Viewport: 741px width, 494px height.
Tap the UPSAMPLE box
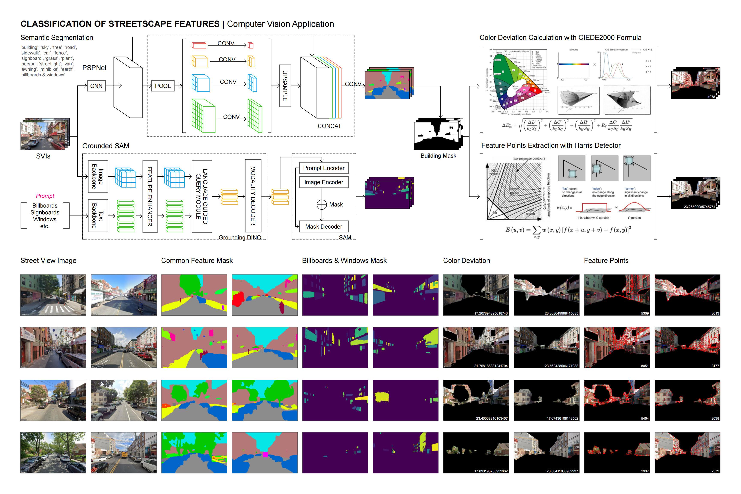(285, 86)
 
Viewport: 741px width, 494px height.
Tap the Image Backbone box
(98, 176)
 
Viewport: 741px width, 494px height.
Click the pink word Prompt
(45, 196)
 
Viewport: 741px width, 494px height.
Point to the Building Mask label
(438, 156)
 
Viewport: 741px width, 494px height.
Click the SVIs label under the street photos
(43, 156)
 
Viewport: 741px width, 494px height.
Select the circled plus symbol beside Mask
(321, 205)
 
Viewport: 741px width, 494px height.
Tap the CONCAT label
(329, 126)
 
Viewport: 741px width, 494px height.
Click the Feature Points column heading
(606, 261)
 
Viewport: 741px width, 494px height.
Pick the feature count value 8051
(645, 366)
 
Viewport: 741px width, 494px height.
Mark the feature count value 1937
(645, 471)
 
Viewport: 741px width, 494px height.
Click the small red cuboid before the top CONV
(199, 45)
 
